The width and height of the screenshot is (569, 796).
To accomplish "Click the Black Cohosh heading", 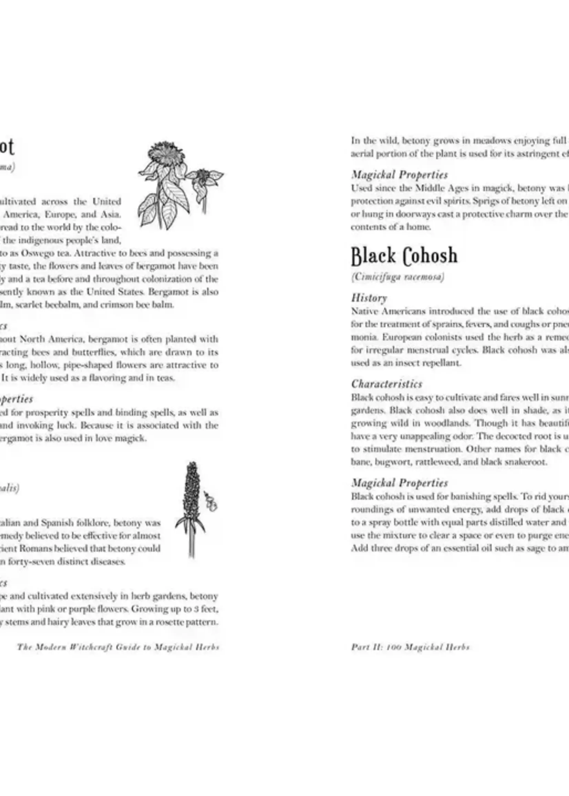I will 404,256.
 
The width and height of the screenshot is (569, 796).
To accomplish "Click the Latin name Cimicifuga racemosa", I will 397,277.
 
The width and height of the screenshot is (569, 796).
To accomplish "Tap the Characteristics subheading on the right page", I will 387,384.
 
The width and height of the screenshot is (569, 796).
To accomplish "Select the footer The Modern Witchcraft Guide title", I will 118,647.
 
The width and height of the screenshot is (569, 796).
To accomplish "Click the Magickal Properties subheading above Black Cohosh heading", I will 400,175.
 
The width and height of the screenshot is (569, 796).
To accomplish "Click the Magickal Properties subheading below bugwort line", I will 400,483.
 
